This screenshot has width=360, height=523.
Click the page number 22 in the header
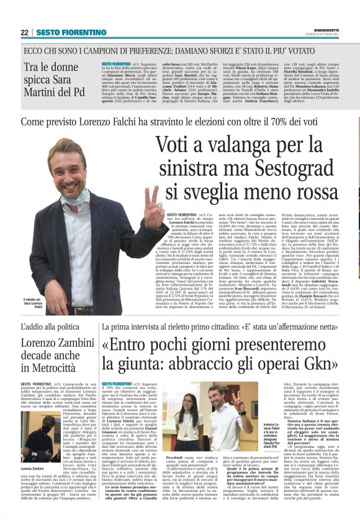coord(24,32)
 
